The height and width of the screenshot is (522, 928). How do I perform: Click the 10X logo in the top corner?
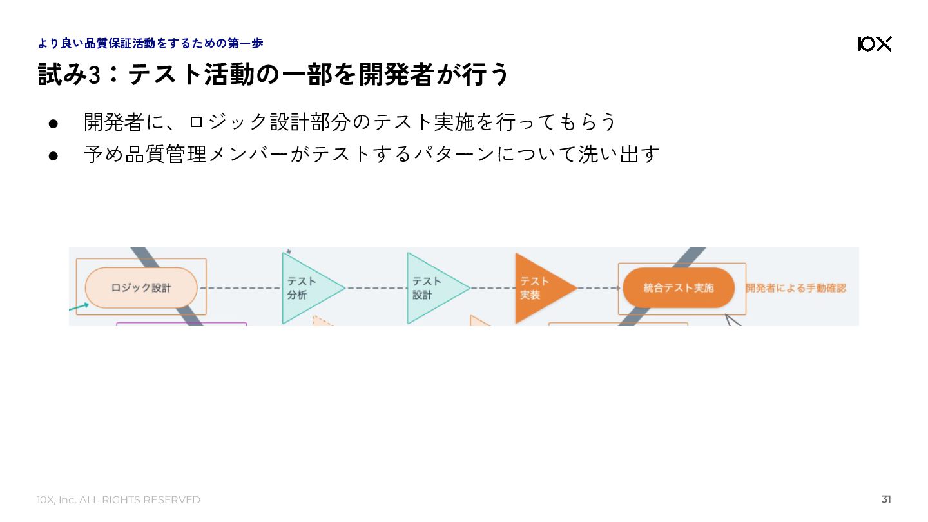875,44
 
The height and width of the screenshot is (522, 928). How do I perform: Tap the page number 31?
886,499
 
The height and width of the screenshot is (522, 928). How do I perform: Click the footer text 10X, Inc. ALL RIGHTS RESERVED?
119,500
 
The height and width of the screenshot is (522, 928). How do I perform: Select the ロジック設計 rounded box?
141,287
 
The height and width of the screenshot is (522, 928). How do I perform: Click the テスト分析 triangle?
305,288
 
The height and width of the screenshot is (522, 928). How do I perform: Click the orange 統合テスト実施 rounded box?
678,287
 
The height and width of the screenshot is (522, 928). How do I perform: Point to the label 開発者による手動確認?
796,288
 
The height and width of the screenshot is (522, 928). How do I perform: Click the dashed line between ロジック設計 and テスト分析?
240,288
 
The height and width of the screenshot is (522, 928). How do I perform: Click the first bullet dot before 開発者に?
53,122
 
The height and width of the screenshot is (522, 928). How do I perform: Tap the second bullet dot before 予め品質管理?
53,155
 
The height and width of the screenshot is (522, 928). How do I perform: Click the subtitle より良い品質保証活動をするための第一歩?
150,43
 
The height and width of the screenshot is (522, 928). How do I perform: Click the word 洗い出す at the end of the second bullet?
619,154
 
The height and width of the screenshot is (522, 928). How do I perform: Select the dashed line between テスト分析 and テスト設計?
376,288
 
